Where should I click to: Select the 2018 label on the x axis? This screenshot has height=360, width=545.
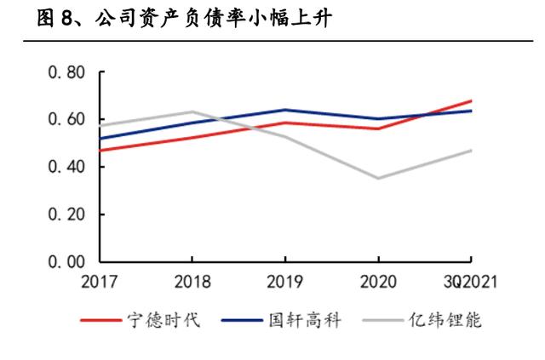pos(192,282)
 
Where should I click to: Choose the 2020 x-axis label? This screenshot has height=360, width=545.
pos(379,282)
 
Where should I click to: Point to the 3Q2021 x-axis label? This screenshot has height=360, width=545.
pos(468,282)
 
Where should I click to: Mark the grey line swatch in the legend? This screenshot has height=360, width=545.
pos(383,322)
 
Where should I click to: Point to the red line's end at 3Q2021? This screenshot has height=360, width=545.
pos(471,101)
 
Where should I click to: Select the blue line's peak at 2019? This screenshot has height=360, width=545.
pos(285,110)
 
